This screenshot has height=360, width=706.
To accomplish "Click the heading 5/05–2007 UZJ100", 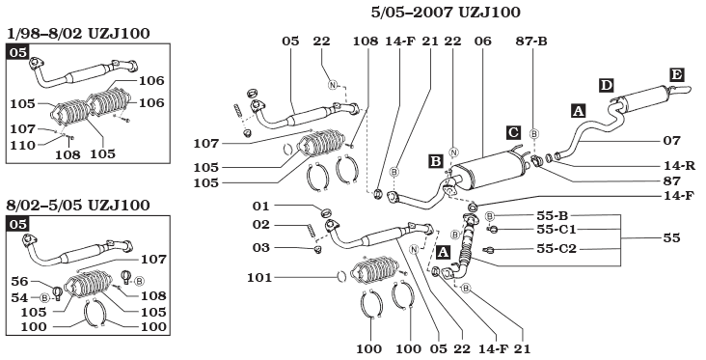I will tap(446, 13).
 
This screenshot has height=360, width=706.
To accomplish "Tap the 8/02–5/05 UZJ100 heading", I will tap(77, 205).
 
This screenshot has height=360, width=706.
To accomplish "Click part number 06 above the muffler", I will tap(483, 42).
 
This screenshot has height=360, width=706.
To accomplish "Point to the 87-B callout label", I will tap(530, 42).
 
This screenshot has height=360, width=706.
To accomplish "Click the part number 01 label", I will tap(263, 206).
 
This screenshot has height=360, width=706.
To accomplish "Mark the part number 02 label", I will tap(263, 225).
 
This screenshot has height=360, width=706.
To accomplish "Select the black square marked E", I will tap(677, 74).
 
